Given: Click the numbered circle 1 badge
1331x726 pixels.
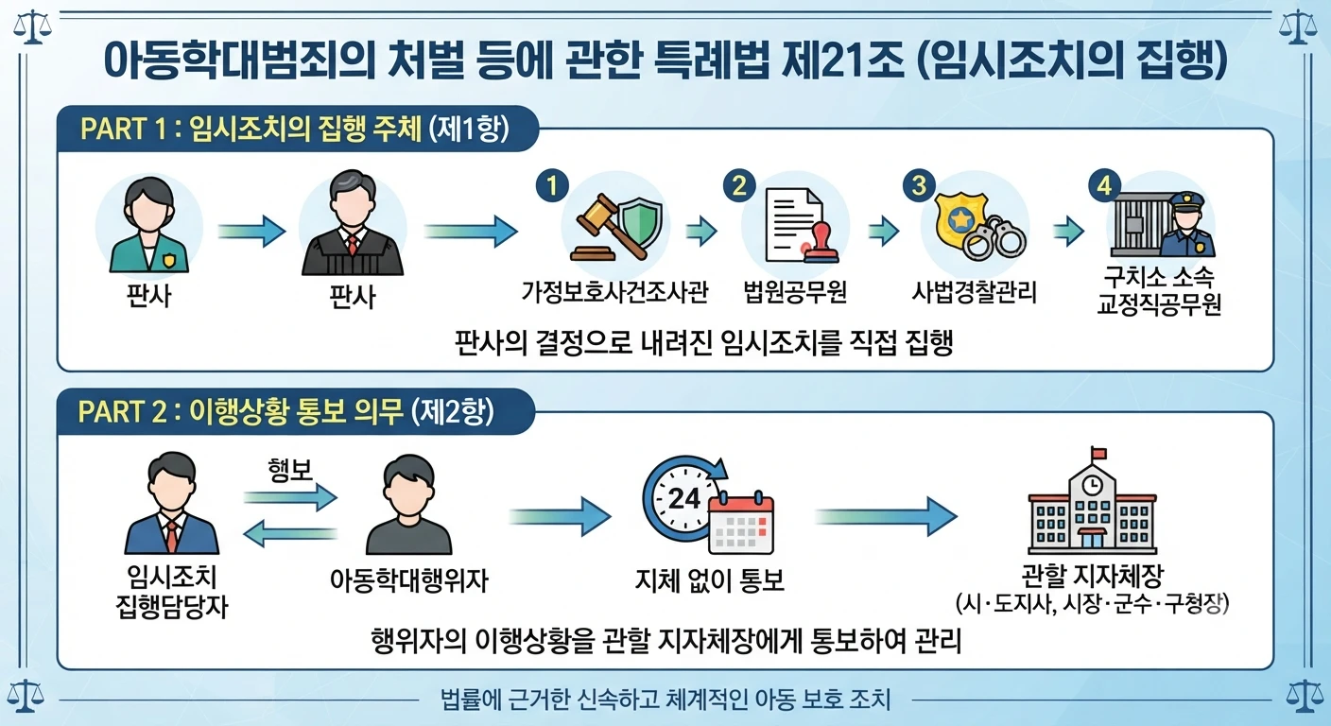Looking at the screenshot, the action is (x=552, y=186).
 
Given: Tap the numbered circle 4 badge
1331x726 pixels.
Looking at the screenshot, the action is (x=1105, y=186).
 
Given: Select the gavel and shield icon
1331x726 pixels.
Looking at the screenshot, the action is (x=616, y=228).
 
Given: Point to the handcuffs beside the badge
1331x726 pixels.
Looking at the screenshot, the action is (x=994, y=239).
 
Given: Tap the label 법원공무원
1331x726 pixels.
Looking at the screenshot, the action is (x=795, y=292).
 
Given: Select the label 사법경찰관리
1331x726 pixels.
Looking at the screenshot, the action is (x=974, y=292).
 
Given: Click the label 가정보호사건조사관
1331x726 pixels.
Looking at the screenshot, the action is (x=615, y=292).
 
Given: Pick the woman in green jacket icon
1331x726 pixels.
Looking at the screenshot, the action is (x=149, y=225).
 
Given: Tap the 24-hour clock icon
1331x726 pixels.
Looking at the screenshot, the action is (x=683, y=498).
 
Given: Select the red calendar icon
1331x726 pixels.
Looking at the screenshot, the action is (x=741, y=523).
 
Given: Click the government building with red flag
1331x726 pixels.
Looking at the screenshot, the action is (x=1092, y=501).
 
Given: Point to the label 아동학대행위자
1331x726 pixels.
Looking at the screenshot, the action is (x=408, y=580).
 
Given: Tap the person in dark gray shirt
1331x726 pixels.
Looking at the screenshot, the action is (x=408, y=505).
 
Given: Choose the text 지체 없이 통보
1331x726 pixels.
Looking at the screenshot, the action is (x=710, y=580).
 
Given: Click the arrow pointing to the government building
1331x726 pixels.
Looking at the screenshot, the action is (x=887, y=517).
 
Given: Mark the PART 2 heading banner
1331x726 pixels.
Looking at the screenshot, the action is (x=296, y=411).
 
